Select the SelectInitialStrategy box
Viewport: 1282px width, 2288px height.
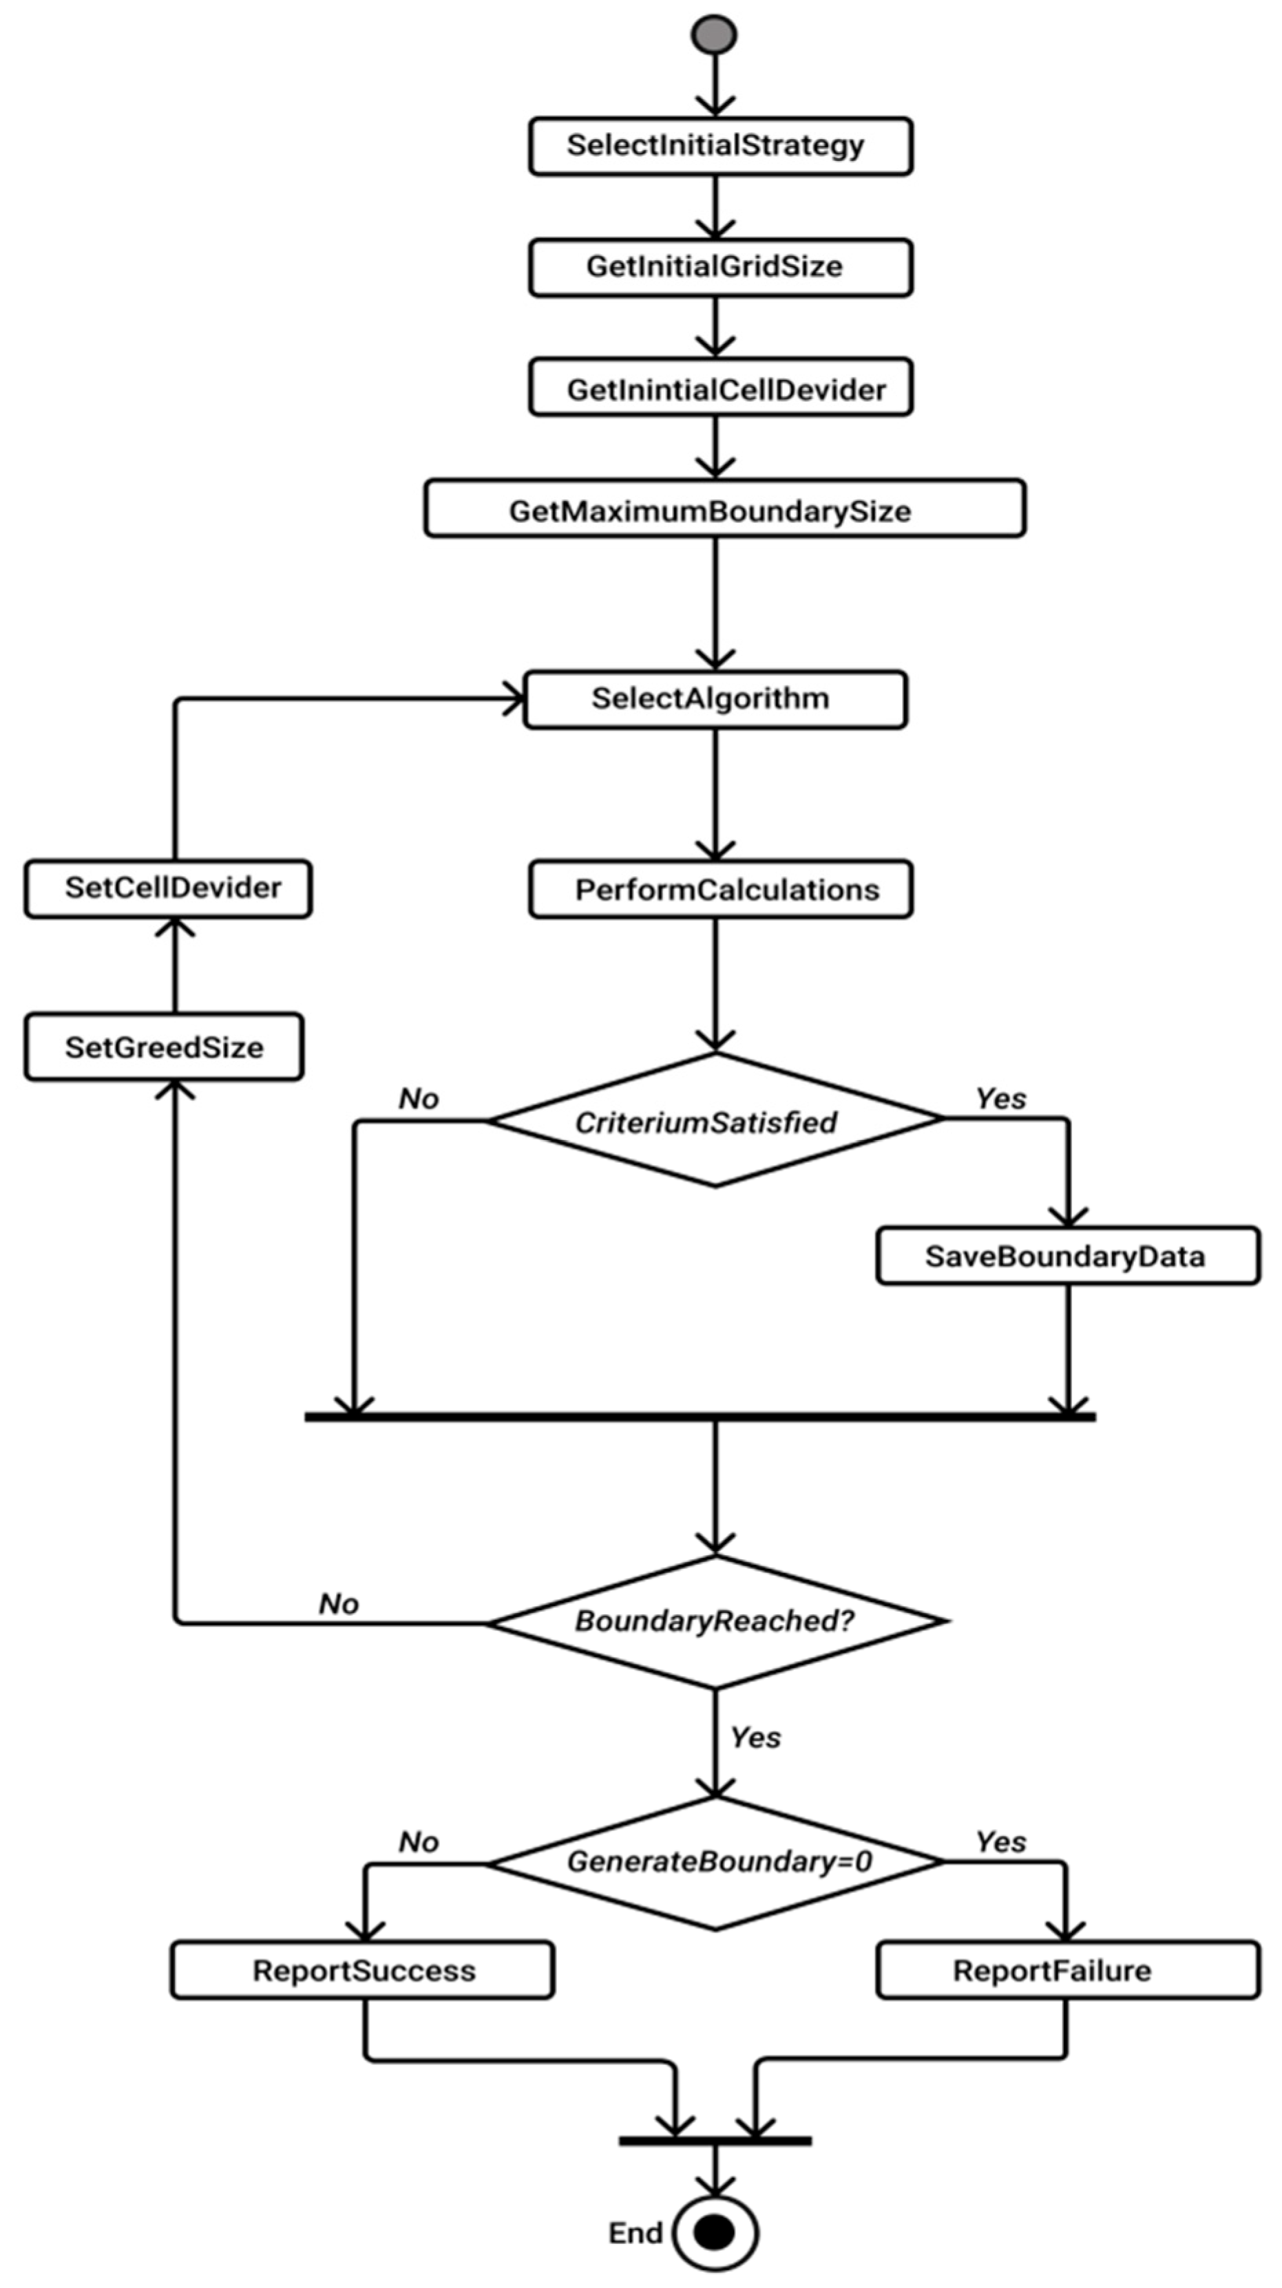click(719, 146)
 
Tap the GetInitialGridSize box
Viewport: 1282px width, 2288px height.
click(719, 266)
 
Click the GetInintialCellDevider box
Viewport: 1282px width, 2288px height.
click(719, 388)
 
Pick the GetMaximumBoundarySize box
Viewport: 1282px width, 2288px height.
click(724, 509)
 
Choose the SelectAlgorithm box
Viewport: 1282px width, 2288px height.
click(715, 699)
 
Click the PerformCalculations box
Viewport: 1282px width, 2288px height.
click(719, 888)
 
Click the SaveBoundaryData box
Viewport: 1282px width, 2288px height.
click(1067, 1255)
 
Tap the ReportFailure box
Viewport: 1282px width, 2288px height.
click(1067, 1971)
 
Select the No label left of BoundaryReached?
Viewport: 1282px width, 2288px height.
click(339, 1604)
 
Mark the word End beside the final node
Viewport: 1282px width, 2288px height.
click(635, 2233)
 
